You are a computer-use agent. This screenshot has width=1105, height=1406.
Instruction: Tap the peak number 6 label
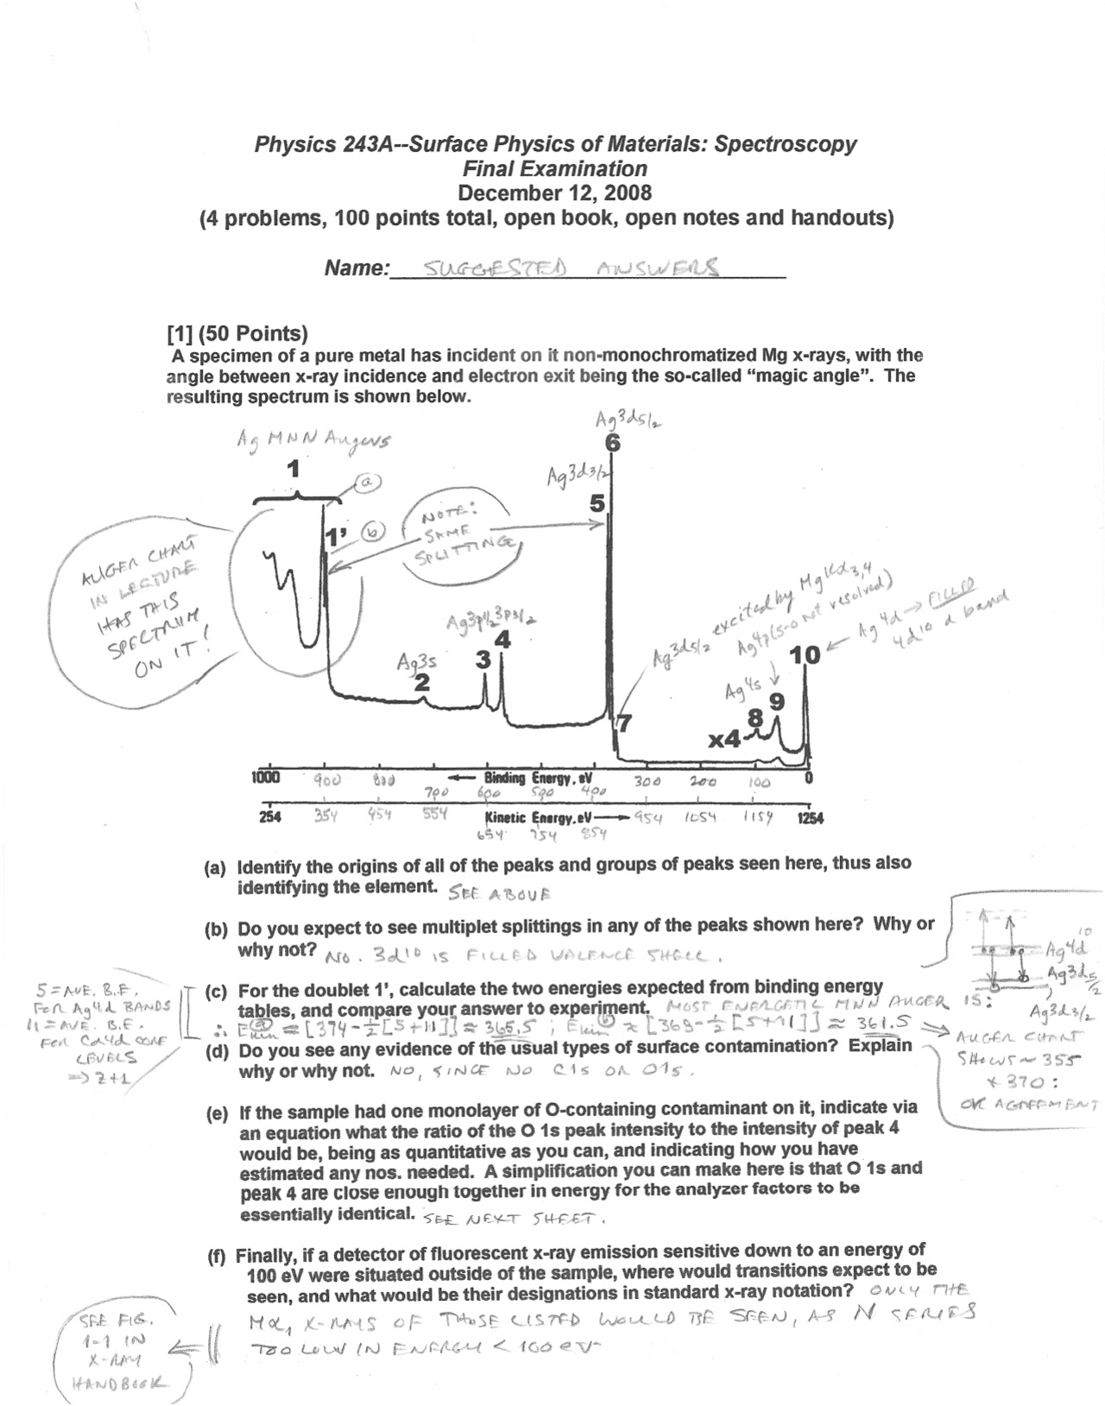[612, 443]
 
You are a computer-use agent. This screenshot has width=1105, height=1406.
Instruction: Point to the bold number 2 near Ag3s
[421, 683]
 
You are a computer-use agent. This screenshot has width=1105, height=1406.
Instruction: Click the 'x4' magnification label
[723, 740]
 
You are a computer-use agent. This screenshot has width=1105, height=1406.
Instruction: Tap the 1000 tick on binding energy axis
[265, 777]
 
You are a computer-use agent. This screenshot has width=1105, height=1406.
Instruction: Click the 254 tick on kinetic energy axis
[270, 817]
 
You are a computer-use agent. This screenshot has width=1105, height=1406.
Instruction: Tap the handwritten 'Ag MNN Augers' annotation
[313, 440]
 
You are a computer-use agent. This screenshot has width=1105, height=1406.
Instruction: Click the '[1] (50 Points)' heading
[237, 333]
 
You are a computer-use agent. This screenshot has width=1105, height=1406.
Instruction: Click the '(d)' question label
[216, 1045]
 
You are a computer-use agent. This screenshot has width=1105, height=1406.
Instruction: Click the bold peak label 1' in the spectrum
[334, 538]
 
